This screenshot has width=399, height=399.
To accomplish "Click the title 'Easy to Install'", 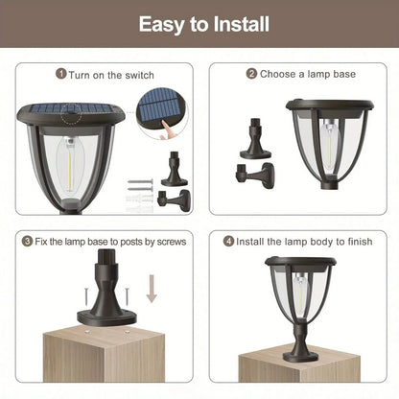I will coord(199,23).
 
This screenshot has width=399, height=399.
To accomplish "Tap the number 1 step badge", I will coord(61,73).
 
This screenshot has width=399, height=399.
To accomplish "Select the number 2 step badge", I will coord(252,73).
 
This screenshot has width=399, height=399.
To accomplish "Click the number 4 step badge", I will coord(228,241).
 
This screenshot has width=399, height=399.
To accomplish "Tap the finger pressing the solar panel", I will coord(173,123).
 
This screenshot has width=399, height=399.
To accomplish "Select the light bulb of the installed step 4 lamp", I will coord(299,296).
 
